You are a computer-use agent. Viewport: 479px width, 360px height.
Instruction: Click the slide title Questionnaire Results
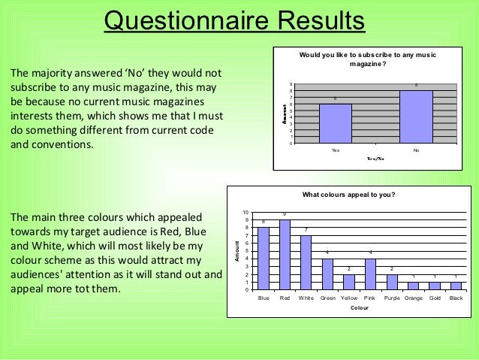233,20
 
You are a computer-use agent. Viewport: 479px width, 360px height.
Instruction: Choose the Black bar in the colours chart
456,286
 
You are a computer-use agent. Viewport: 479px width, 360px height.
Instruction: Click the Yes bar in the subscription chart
335,123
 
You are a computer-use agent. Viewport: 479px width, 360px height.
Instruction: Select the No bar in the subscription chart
416,117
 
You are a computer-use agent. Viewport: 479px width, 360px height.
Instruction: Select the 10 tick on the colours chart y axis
246,213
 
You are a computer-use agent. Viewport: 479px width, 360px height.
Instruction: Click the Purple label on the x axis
391,298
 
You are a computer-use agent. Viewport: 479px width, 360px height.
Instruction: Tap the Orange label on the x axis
413,298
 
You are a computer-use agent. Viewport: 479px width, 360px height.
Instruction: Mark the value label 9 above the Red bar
285,215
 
